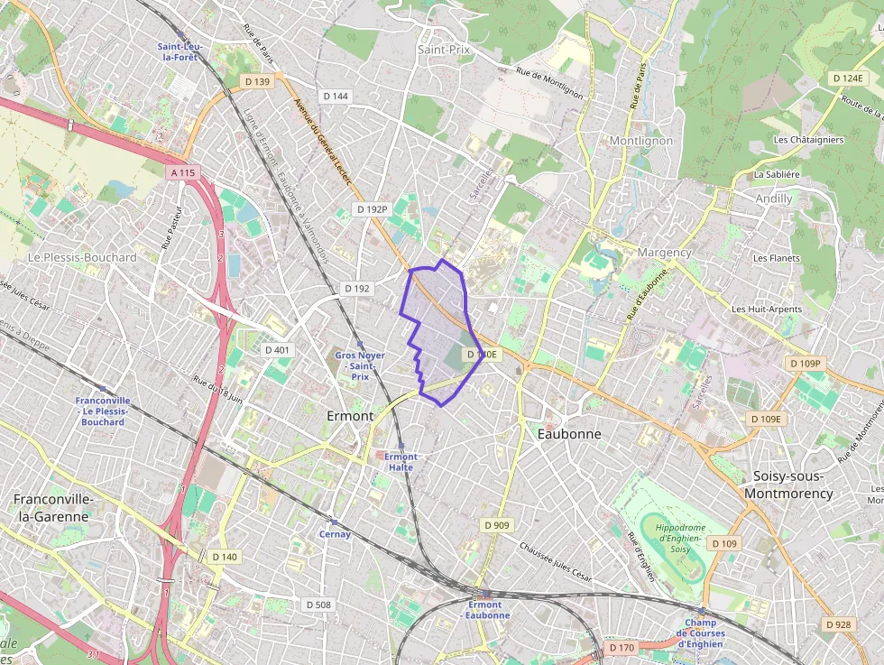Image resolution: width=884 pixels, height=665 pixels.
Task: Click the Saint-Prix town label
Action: [x=444, y=50]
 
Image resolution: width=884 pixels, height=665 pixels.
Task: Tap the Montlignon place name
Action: [x=641, y=141]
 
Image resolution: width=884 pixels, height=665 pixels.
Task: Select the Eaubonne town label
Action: [x=568, y=434]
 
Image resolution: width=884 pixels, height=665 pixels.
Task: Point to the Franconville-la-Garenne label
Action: [x=51, y=508]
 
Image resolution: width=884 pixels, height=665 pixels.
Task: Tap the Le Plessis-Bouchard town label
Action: [x=82, y=257]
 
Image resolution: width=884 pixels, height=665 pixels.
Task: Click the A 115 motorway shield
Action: [x=181, y=171]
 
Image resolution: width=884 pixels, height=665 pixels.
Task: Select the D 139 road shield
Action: [x=257, y=81]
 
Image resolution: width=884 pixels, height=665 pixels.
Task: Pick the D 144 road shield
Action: [x=335, y=96]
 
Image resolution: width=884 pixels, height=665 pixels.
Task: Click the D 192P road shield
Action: [x=371, y=209]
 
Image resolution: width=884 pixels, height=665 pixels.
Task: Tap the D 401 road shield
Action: [x=277, y=350]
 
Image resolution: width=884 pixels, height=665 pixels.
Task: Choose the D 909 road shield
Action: [x=496, y=525]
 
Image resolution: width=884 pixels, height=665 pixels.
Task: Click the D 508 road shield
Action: [x=318, y=605]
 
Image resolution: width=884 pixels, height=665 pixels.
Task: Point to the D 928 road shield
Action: [x=838, y=624]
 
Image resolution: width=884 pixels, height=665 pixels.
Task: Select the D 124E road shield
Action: [x=848, y=79]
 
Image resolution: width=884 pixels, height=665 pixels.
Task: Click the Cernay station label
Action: [x=334, y=534]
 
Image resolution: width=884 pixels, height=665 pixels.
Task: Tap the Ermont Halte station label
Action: [x=400, y=462]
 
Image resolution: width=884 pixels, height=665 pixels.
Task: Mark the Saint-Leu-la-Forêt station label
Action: [x=179, y=51]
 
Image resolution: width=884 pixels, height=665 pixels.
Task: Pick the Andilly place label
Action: [x=774, y=199]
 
